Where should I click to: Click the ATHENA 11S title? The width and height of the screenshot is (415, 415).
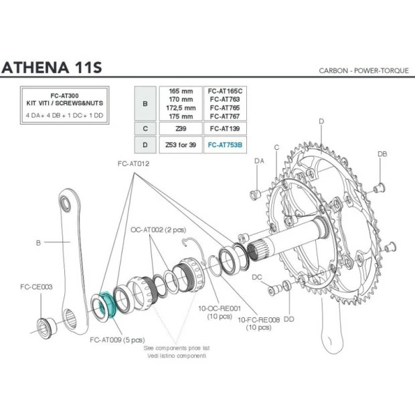(x=52, y=68)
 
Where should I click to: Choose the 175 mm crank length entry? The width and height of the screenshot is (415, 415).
(x=178, y=115)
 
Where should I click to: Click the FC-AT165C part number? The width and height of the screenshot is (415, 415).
(x=225, y=90)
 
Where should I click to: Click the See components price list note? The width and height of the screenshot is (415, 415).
(x=177, y=348)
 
